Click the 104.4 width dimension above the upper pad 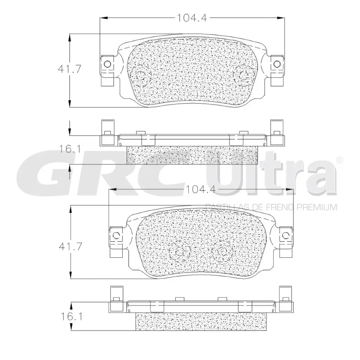pos(192,18)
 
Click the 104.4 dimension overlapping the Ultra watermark pos(200,189)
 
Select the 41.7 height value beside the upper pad pos(70,69)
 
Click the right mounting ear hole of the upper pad pos(277,64)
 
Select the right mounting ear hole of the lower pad pos(286,235)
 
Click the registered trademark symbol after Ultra pos(339,160)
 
